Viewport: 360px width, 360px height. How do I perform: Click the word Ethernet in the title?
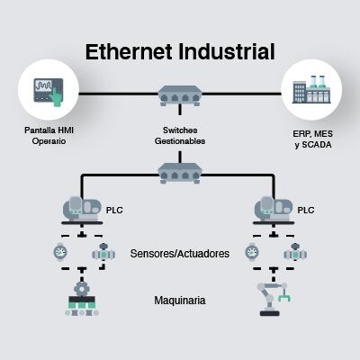tap(129, 51)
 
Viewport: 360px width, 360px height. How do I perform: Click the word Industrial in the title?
tap(227, 51)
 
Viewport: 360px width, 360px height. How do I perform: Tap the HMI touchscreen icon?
tap(49, 92)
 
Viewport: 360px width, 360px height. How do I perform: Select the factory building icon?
tap(311, 89)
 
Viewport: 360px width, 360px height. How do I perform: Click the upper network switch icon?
tap(180, 95)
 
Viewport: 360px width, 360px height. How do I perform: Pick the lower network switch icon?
tap(180, 173)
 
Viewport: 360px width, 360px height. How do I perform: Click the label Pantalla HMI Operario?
tap(49, 136)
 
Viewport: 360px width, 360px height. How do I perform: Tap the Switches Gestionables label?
tap(180, 136)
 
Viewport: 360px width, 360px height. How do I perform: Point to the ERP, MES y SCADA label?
tap(313, 139)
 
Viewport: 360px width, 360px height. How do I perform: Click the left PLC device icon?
tap(82, 210)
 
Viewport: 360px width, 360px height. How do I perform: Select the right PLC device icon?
tap(274, 210)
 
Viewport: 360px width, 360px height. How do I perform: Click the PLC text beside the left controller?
tap(114, 210)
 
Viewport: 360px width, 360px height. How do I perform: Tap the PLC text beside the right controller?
tap(306, 210)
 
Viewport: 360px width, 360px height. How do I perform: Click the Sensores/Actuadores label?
tap(180, 254)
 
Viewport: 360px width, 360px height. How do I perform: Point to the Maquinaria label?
tap(180, 301)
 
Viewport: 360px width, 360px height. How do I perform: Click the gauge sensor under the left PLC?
tap(60, 252)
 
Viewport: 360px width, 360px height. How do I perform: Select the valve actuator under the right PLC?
tap(295, 252)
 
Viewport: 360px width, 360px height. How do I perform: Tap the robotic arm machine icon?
tap(274, 299)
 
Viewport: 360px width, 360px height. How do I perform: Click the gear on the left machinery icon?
tap(81, 289)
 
